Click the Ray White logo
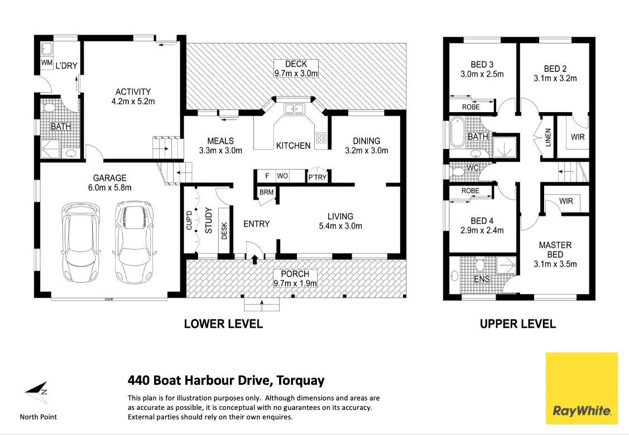tap(581, 388)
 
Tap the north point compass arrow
tap(36, 391)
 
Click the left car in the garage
tap(80, 243)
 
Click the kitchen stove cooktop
tap(321, 138)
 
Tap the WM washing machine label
tap(46, 62)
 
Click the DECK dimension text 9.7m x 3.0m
tap(296, 74)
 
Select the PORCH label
tap(295, 274)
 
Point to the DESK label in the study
tap(224, 231)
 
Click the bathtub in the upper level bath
tap(457, 132)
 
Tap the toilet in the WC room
tap(458, 172)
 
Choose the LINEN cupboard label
tap(548, 137)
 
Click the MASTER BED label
tap(555, 250)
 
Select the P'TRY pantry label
tap(318, 177)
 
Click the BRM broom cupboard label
tap(266, 192)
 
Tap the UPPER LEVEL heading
tap(518, 324)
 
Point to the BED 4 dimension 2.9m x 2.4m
tap(482, 230)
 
